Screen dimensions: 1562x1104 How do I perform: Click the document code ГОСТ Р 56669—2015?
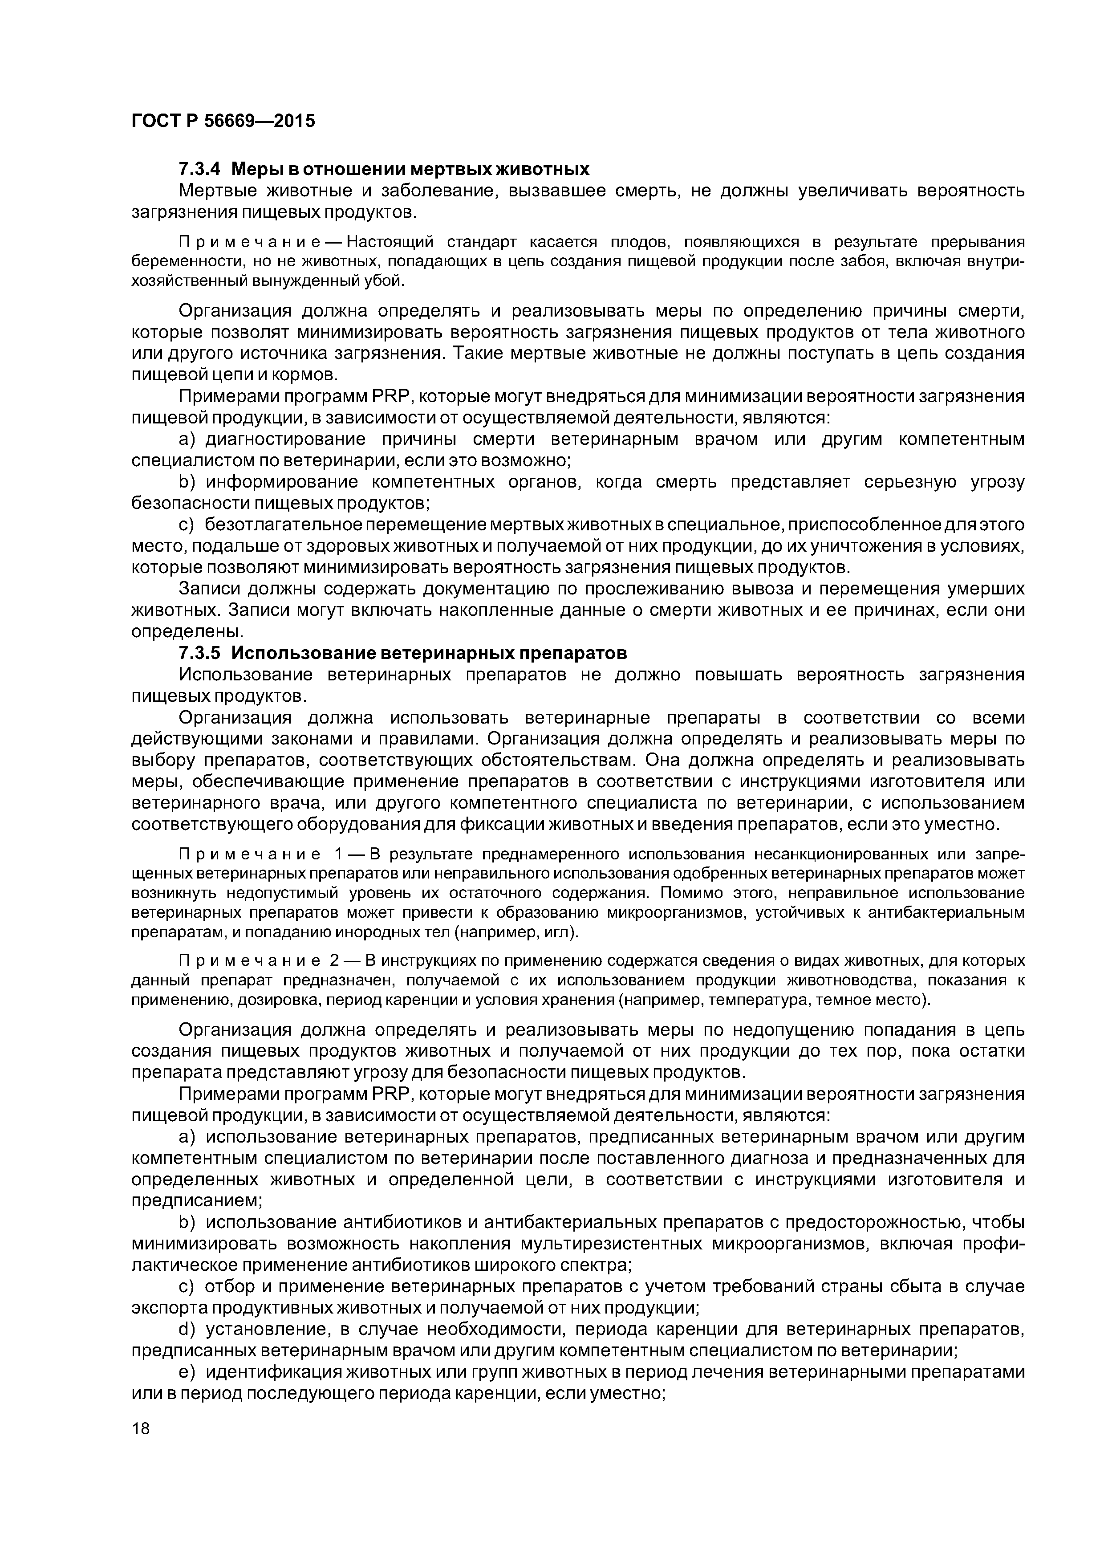click(223, 121)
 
